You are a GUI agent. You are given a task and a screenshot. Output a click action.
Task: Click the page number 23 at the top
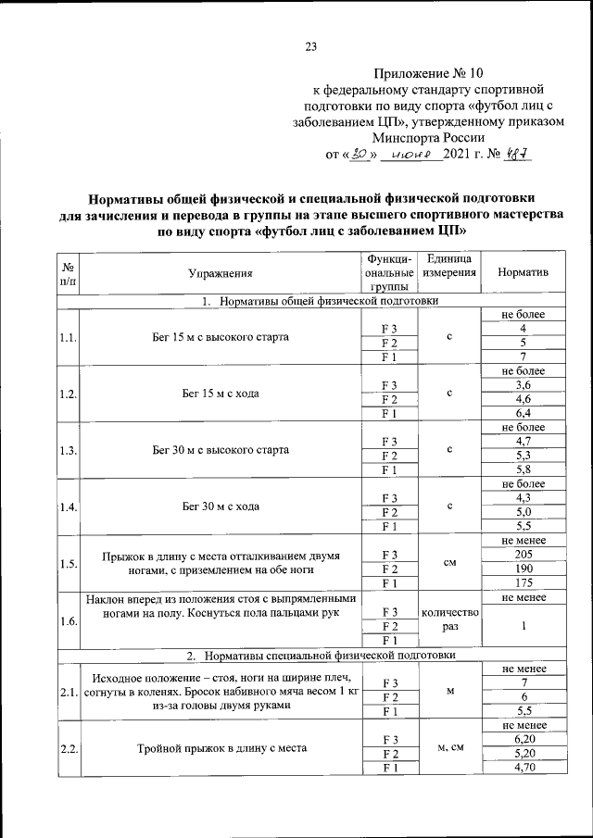click(x=311, y=49)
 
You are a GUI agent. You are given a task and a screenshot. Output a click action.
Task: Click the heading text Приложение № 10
click(x=429, y=72)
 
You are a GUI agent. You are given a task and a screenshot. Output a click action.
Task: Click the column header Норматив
click(x=523, y=273)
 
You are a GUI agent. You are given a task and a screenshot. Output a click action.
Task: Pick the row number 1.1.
click(x=67, y=337)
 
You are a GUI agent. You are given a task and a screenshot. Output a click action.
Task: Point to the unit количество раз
click(x=448, y=619)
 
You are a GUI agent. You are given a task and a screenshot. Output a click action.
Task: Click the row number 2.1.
click(x=67, y=692)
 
